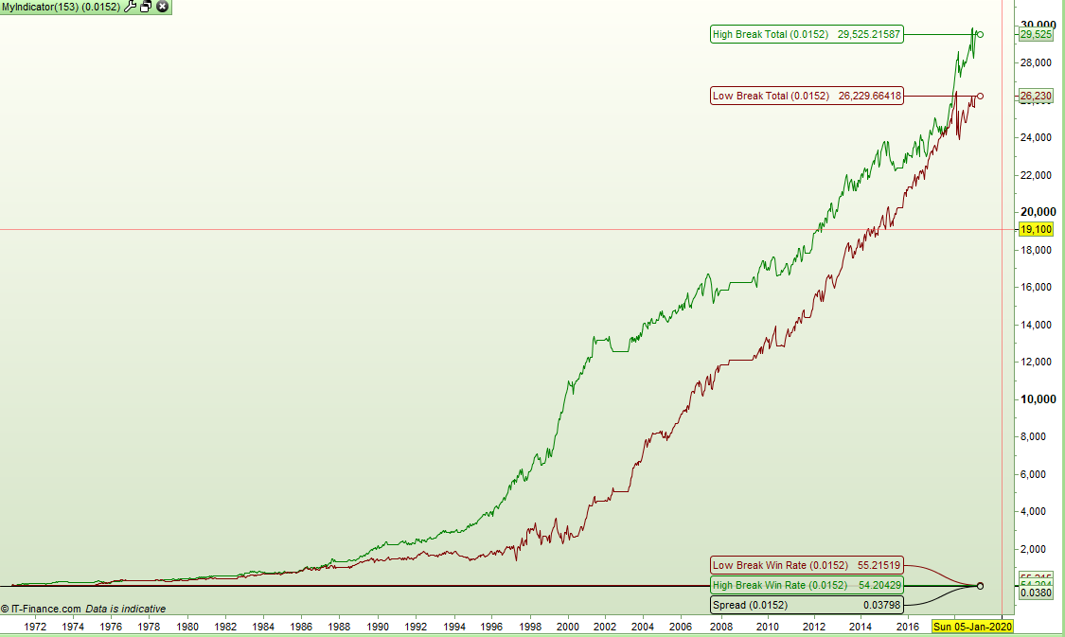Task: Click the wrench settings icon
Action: [131, 7]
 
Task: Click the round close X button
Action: [162, 7]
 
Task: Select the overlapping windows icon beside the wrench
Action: [146, 7]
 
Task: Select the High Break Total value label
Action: [807, 34]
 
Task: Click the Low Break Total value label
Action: [807, 96]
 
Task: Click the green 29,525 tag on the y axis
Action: [1036, 34]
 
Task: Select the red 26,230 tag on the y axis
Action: [1036, 96]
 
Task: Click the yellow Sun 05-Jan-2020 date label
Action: [972, 627]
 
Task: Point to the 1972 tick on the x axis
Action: [35, 627]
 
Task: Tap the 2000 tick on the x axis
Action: [567, 627]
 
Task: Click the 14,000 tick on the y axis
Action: [1038, 325]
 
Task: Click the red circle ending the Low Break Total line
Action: [980, 96]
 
